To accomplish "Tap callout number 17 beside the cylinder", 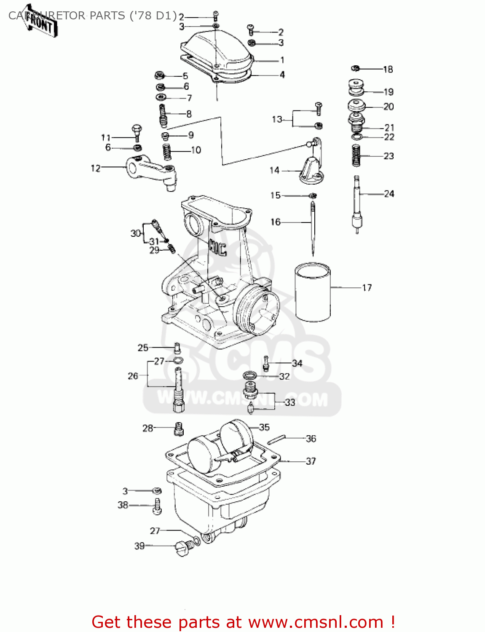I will (367, 288).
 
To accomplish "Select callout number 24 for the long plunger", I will (389, 194).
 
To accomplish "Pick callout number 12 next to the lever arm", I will (96, 168).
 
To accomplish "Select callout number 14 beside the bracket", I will (274, 170).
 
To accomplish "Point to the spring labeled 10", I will (167, 152).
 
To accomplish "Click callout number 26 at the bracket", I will (133, 376).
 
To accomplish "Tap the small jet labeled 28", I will (179, 429).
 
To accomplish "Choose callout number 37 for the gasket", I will (311, 461).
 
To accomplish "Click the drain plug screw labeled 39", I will (183, 548).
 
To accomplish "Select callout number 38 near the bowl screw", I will (123, 505).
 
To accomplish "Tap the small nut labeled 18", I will (356, 68).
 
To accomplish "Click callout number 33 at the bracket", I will (290, 402).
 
